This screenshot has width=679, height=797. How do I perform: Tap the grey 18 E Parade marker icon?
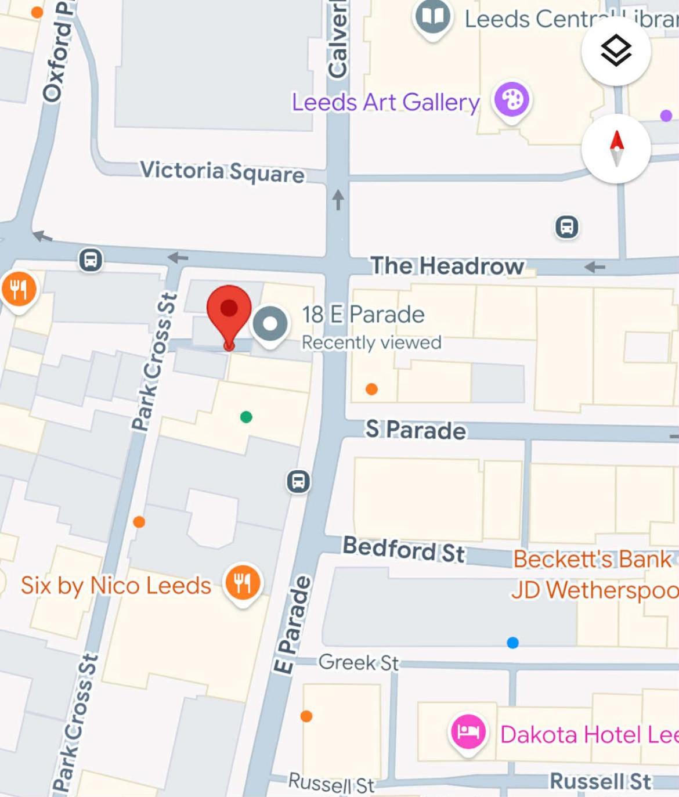pos(270,324)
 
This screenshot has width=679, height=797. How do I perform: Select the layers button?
pos(616,51)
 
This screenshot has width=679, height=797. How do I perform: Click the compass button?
pos(616,148)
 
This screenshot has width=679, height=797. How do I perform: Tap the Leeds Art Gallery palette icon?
pos(511,100)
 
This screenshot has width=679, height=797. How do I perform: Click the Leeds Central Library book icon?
pos(432,17)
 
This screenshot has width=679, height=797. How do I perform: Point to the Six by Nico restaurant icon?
pos(243,582)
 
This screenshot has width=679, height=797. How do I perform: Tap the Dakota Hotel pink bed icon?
pos(468,731)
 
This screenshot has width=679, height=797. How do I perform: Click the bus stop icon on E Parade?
pos(298,481)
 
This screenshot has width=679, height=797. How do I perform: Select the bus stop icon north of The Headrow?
pos(566,227)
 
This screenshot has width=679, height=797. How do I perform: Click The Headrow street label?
pos(447,266)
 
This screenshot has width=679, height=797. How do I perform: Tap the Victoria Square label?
pos(222,171)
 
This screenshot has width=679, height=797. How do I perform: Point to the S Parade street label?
pos(416,430)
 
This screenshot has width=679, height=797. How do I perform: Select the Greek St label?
pos(358,662)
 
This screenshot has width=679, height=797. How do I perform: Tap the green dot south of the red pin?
pos(246,417)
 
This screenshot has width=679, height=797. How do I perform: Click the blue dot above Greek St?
pos(512,643)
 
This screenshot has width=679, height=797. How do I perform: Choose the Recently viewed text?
pos(371,342)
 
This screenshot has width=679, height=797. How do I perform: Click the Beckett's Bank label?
pos(592,559)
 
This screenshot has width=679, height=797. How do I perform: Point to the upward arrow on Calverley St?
pos(338,200)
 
